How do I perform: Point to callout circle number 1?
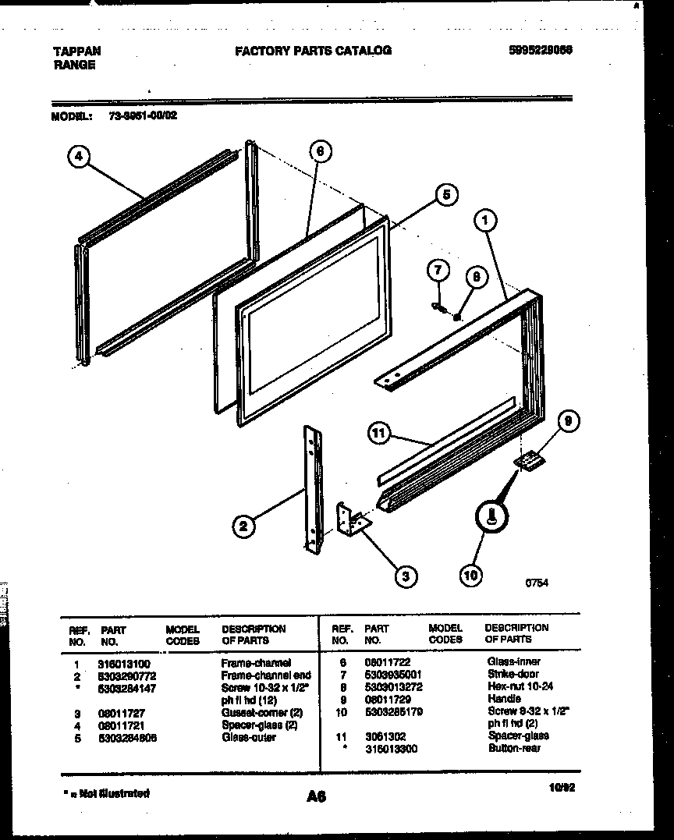pyautogui.click(x=484, y=221)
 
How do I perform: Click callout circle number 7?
pyautogui.click(x=438, y=271)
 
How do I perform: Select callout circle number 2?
pyautogui.click(x=243, y=527)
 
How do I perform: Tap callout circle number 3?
pyautogui.click(x=405, y=576)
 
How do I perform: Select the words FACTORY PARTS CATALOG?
pyautogui.click(x=313, y=51)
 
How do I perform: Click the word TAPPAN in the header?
pyautogui.click(x=76, y=51)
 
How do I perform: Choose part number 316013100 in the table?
pyautogui.click(x=125, y=663)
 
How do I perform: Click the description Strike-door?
pyautogui.click(x=513, y=674)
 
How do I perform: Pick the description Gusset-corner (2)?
pyautogui.click(x=261, y=713)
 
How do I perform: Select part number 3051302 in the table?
pyautogui.click(x=381, y=735)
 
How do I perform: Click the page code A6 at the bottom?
pyautogui.click(x=316, y=797)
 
